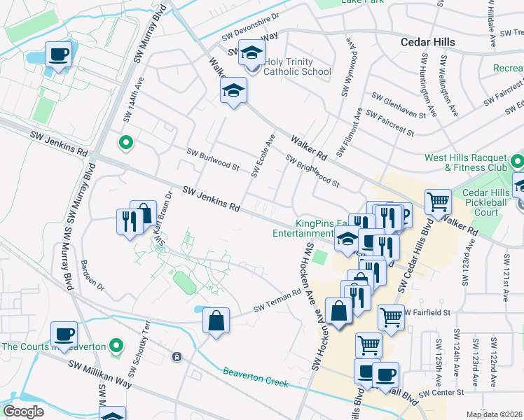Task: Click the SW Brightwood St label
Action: [312, 171]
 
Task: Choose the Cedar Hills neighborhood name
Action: [427, 42]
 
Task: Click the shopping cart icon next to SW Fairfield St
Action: [392, 316]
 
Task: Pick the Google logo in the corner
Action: [24, 411]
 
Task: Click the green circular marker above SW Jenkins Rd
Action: [126, 143]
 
